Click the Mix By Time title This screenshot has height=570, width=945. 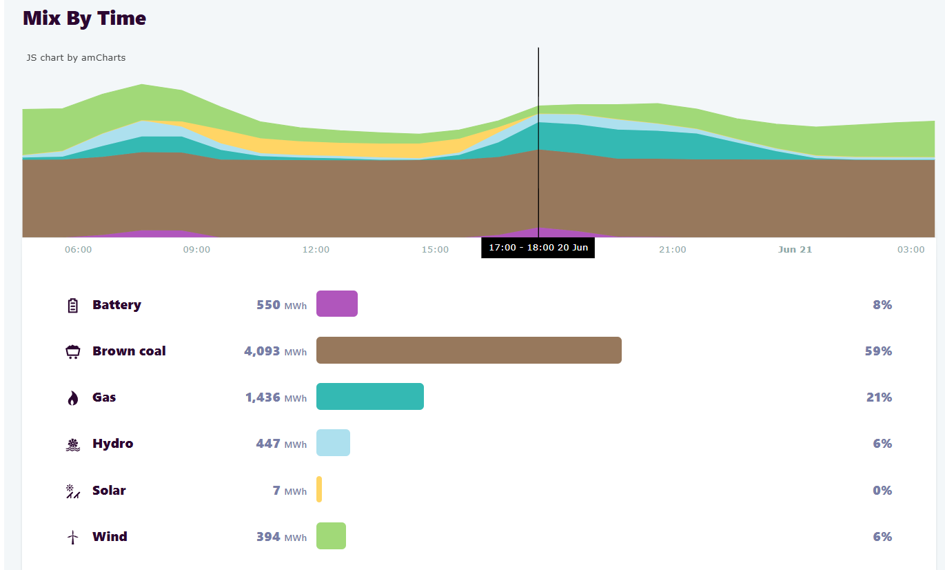pyautogui.click(x=84, y=19)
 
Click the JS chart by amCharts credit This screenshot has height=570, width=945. pyautogui.click(x=76, y=58)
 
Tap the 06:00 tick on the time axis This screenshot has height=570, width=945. pyautogui.click(x=78, y=250)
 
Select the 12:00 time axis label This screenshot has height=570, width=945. pyautogui.click(x=316, y=250)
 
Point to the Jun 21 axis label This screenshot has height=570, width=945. pyautogui.click(x=795, y=250)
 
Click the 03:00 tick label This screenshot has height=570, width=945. pyautogui.click(x=911, y=250)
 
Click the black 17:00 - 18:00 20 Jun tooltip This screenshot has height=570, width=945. pyautogui.click(x=538, y=248)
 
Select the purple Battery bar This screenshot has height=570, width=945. pyautogui.click(x=336, y=304)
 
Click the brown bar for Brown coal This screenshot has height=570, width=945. pyautogui.click(x=469, y=350)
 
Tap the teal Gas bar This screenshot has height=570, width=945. pyautogui.click(x=369, y=397)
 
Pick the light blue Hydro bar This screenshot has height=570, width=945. pyautogui.click(x=333, y=443)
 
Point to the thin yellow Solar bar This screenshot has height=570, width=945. pyautogui.click(x=319, y=489)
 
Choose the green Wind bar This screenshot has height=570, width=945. pyautogui.click(x=331, y=536)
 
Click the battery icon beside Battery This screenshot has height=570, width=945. pyautogui.click(x=73, y=305)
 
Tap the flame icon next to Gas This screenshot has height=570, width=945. pyautogui.click(x=73, y=398)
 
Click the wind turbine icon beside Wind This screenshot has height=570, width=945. pyautogui.click(x=73, y=538)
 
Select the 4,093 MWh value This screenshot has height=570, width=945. pyautogui.click(x=275, y=351)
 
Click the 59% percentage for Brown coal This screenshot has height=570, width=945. pyautogui.click(x=878, y=351)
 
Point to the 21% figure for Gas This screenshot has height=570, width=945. pyautogui.click(x=879, y=397)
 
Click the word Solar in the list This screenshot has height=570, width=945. pyautogui.click(x=109, y=491)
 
